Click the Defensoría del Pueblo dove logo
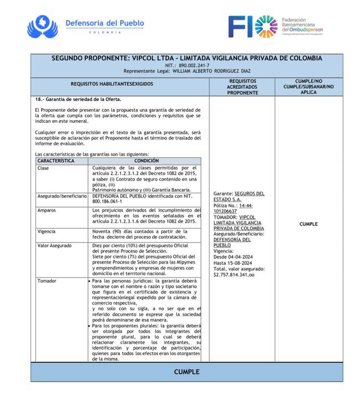click(42, 25)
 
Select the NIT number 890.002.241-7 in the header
click(194, 65)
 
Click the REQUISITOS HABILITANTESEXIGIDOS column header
click(120, 84)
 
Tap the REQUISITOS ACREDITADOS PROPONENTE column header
click(242, 87)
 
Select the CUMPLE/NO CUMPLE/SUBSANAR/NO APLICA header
click(308, 87)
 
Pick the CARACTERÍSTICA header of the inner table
click(56, 161)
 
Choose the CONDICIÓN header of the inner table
click(145, 161)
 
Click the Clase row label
click(43, 168)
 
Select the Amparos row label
click(47, 210)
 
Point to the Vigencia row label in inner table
click(47, 231)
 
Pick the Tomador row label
click(47, 281)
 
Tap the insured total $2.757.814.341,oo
click(234, 274)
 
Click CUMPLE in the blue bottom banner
click(187, 372)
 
